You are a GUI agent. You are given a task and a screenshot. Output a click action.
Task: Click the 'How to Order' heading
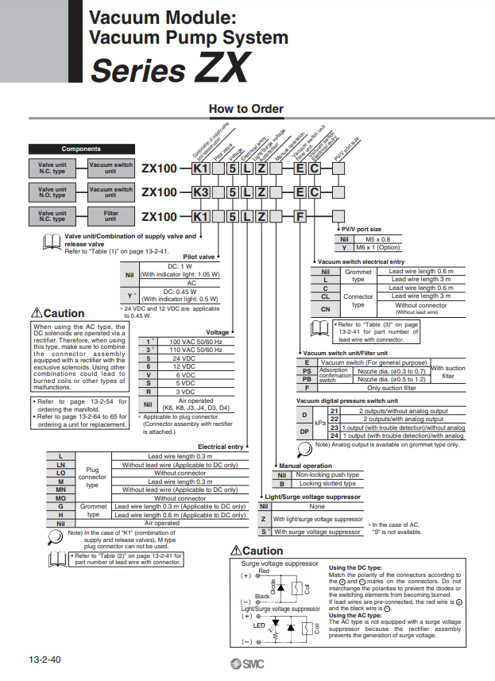(x=246, y=108)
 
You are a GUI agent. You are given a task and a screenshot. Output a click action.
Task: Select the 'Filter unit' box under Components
(x=111, y=215)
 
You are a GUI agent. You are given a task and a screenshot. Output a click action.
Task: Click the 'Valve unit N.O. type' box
(x=52, y=192)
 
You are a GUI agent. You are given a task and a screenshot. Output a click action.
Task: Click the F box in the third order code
(x=300, y=216)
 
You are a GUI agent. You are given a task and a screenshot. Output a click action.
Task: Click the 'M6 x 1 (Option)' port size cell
(x=377, y=247)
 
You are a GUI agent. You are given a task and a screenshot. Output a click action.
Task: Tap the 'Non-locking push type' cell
(x=327, y=474)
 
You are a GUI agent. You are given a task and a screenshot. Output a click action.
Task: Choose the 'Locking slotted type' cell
(x=327, y=483)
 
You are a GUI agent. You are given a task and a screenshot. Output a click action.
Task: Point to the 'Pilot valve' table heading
(x=199, y=257)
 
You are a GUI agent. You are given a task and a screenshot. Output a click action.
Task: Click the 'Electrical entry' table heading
(x=221, y=447)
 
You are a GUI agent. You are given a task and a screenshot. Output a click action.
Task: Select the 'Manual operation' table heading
(x=305, y=466)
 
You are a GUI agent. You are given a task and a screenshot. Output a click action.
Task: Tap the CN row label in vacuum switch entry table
(x=325, y=308)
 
